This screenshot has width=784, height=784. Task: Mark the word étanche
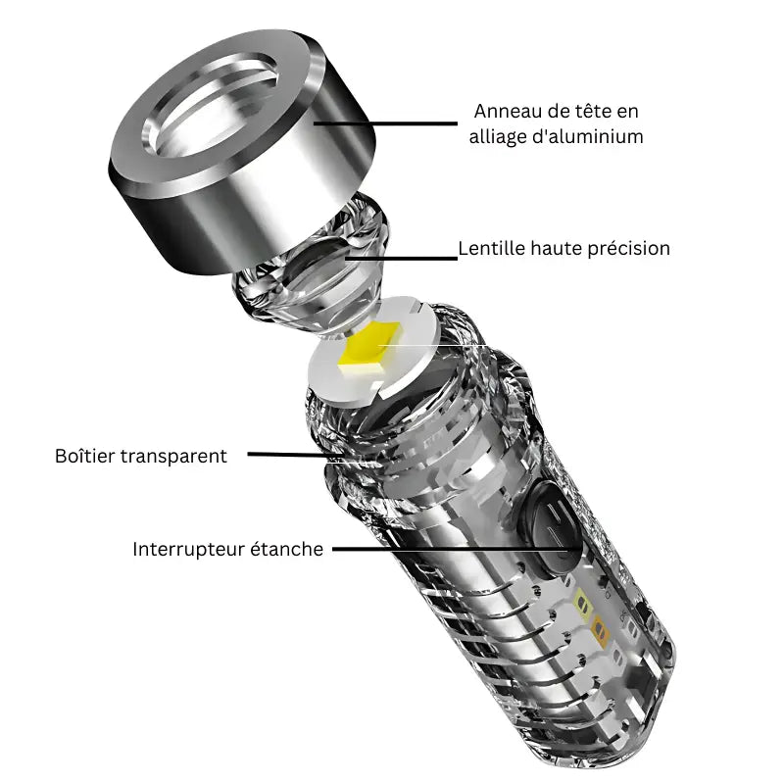pyautogui.click(x=289, y=549)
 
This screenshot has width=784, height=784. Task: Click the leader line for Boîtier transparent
pyautogui.click(x=289, y=454)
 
